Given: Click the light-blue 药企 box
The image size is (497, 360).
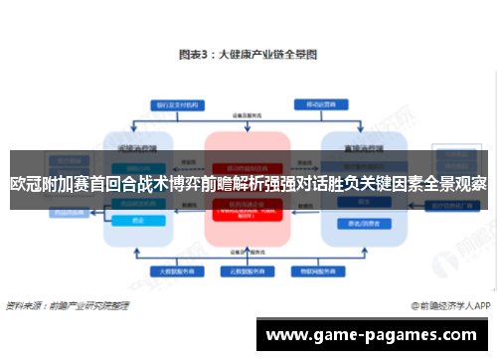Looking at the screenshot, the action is point(138,220).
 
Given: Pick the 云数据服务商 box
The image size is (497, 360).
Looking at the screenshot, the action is point(248,270).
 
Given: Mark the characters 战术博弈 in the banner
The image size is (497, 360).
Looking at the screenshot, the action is point(166,184).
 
